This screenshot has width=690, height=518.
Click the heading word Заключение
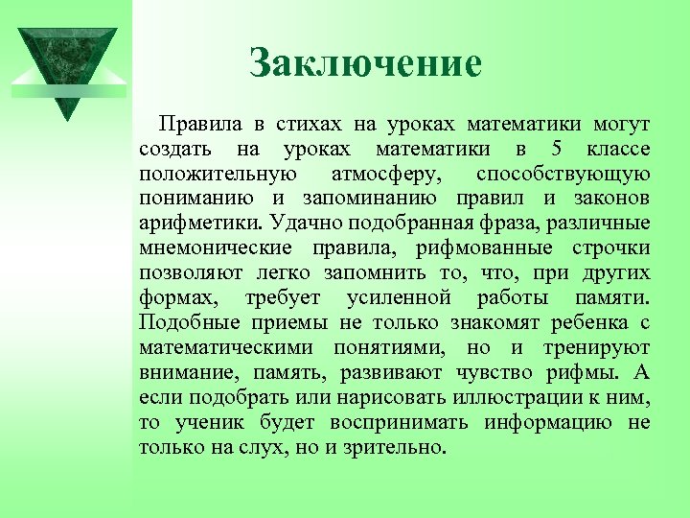click(365, 64)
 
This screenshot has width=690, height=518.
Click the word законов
click(609, 199)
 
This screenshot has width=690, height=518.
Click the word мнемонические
click(215, 248)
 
